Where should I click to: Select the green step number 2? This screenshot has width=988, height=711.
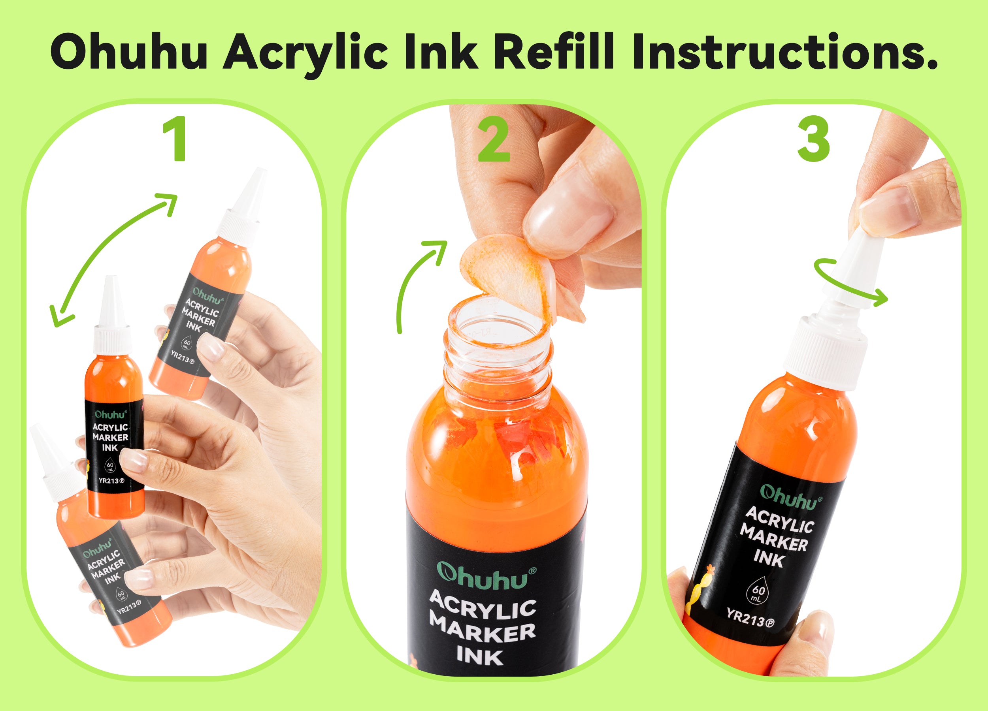click(494, 139)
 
